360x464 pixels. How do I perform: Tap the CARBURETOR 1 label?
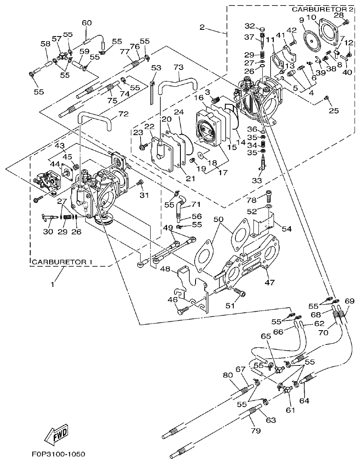pyautogui.click(x=62, y=262)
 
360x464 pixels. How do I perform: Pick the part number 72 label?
pyautogui.click(x=123, y=114)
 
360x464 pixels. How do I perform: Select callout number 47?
pyautogui.click(x=269, y=283)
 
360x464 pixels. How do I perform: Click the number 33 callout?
pyautogui.click(x=257, y=180)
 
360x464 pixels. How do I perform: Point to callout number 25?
pyautogui.click(x=334, y=111)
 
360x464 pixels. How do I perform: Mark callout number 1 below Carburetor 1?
pyautogui.click(x=53, y=284)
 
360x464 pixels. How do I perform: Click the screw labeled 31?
pyautogui.click(x=141, y=182)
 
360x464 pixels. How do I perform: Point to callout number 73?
pyautogui.click(x=178, y=67)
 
